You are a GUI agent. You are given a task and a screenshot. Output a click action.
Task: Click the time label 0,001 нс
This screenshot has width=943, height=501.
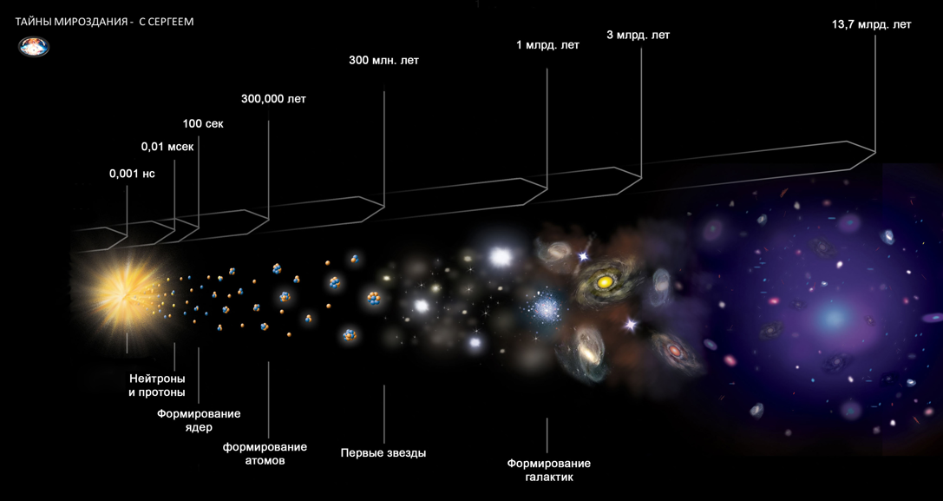(x=132, y=174)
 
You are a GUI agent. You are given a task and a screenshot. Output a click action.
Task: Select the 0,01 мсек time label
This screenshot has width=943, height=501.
(x=167, y=147)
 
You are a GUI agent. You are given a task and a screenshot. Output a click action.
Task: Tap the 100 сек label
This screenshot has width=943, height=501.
(x=203, y=123)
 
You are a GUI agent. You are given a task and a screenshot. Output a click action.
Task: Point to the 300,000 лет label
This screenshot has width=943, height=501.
(x=273, y=99)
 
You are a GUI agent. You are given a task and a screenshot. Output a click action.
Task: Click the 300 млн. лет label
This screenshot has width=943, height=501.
(x=383, y=61)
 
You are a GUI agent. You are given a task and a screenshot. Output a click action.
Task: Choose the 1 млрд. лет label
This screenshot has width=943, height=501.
(x=547, y=45)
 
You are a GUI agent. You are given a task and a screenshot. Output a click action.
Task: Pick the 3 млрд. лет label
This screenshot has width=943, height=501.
(x=638, y=36)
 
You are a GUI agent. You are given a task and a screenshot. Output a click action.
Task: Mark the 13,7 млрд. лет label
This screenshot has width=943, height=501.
(x=871, y=25)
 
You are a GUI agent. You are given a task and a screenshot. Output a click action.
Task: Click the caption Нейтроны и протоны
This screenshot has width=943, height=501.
(x=157, y=385)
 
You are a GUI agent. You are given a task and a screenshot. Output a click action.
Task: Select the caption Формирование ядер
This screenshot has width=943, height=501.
(x=199, y=420)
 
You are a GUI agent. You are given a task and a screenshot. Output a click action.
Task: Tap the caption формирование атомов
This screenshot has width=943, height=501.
(x=265, y=453)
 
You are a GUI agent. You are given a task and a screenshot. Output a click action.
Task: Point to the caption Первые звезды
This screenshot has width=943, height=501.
(x=383, y=452)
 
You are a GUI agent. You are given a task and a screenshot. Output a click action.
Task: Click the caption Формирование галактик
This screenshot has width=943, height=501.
(x=548, y=470)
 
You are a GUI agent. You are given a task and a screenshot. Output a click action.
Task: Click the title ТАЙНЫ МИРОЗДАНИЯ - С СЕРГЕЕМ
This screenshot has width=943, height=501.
(x=105, y=22)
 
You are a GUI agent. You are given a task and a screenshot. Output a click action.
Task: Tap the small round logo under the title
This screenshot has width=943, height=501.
(x=34, y=46)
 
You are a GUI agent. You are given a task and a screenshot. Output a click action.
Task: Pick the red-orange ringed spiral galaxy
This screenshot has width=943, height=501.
(x=675, y=351)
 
